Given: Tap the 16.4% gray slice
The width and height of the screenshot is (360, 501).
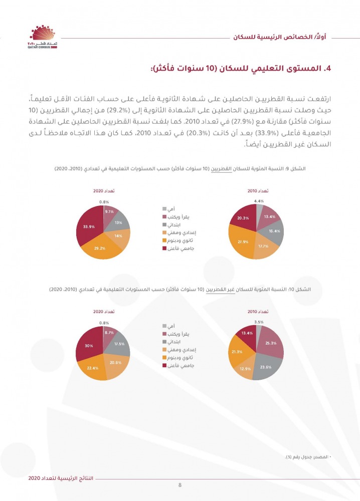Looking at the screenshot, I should [273, 231].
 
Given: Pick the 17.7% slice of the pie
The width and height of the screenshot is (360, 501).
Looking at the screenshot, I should [263, 246].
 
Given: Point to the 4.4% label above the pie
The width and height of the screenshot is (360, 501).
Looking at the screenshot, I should [259, 201].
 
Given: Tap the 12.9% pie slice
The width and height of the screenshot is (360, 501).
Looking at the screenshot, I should [245, 369].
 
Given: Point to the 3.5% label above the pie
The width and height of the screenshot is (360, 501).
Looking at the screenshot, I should [259, 322].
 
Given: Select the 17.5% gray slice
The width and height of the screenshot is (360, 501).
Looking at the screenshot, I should [119, 345].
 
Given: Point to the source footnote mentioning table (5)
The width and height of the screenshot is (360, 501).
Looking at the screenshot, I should [314, 457].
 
